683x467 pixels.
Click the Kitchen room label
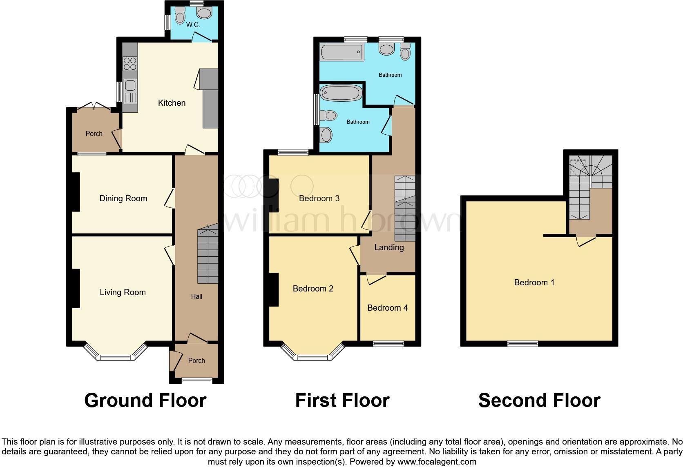click(172, 103)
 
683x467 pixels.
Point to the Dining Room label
click(123, 198)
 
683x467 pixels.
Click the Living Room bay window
click(115, 357)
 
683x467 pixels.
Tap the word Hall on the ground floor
click(196, 297)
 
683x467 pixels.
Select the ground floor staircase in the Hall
click(208, 256)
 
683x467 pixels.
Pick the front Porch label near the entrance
click(196, 361)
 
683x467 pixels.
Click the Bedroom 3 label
click(319, 198)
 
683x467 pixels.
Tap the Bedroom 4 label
click(387, 308)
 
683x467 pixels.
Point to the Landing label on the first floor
click(389, 247)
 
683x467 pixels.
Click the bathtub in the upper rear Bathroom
click(341, 52)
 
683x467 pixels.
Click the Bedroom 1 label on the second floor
click(534, 282)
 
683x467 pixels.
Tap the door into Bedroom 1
click(586, 241)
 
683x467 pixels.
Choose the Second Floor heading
click(539, 400)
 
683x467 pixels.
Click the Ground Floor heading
click(145, 400)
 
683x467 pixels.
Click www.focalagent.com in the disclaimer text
click(437, 462)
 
